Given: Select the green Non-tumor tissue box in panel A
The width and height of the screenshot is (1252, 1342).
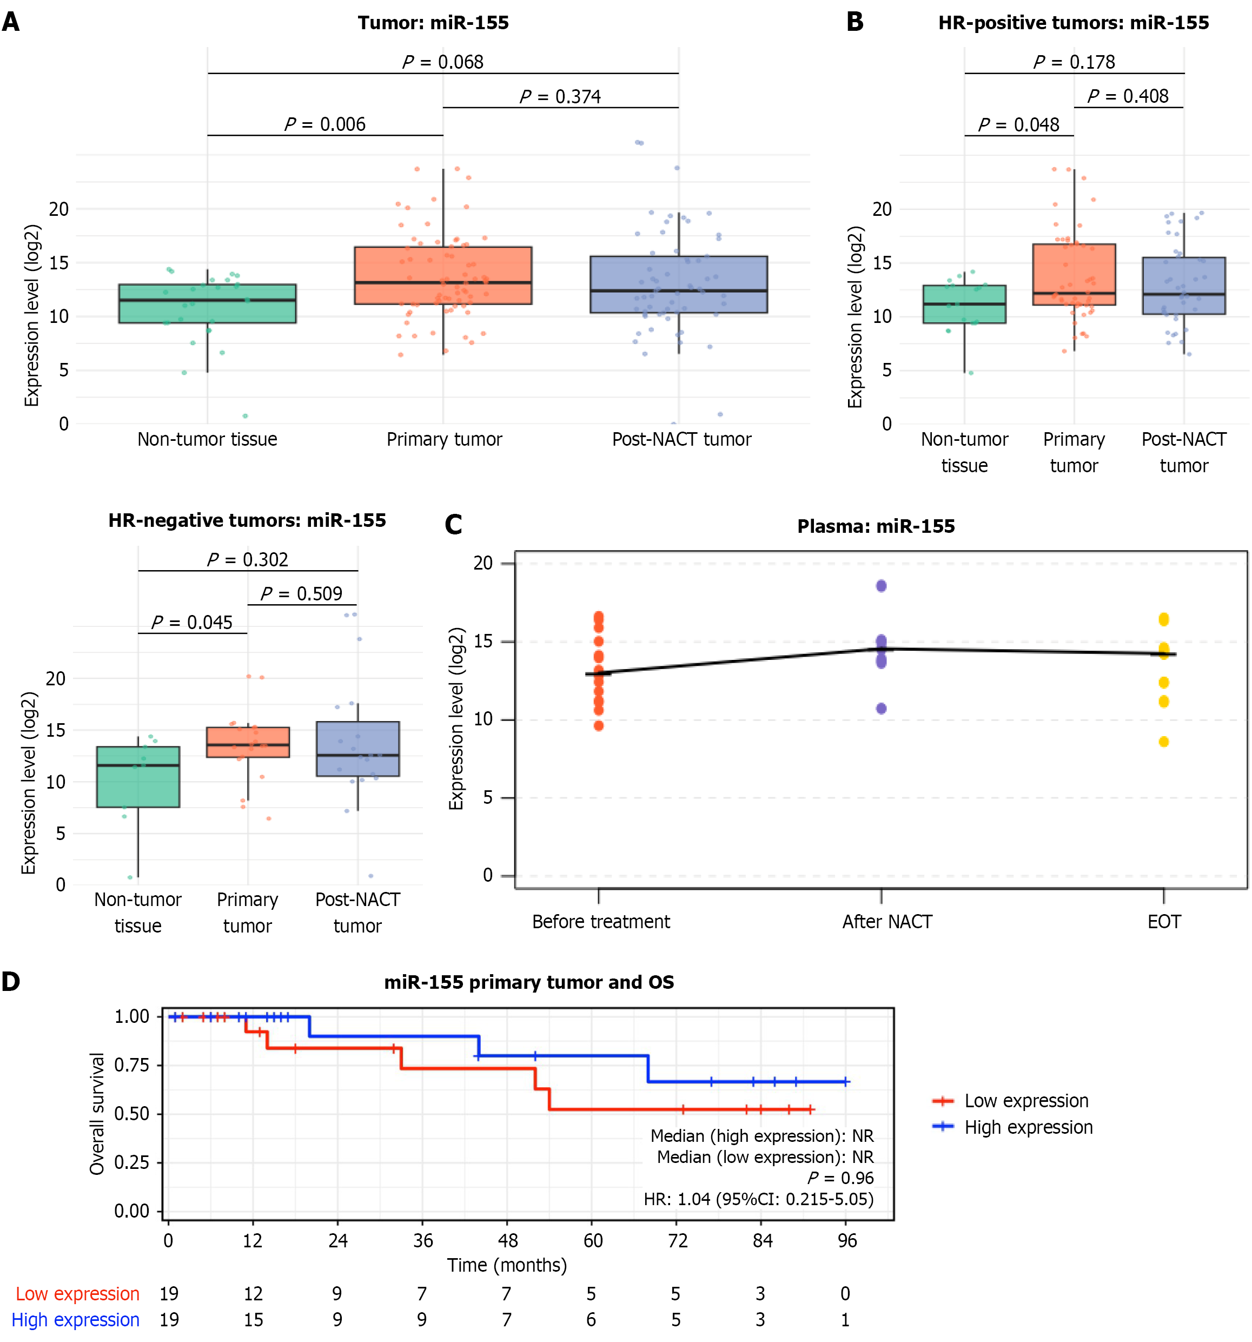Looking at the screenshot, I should (x=207, y=304).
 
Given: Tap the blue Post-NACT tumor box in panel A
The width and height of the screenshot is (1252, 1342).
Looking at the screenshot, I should (x=678, y=284).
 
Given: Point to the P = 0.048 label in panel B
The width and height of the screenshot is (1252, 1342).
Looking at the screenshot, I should (x=1018, y=125).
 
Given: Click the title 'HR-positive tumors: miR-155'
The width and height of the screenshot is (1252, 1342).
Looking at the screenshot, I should (x=1073, y=23).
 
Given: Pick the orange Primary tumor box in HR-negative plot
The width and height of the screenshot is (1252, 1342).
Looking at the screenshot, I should (x=248, y=742).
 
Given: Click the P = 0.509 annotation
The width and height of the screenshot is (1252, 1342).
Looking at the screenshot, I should (x=301, y=593).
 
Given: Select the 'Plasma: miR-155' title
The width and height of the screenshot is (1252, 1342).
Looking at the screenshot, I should (x=876, y=526).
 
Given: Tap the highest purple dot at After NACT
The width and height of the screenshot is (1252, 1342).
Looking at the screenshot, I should (x=882, y=586).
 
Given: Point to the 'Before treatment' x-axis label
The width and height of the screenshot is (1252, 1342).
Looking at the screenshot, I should (x=601, y=922).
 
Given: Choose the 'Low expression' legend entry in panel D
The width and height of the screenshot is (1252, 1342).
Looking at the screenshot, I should (x=1026, y=1100).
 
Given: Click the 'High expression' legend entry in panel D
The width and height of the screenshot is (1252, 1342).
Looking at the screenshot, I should (x=1028, y=1127).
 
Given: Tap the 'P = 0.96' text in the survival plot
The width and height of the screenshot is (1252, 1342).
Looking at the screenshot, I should (x=840, y=1178).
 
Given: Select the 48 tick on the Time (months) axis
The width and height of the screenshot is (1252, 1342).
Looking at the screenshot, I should (x=507, y=1240).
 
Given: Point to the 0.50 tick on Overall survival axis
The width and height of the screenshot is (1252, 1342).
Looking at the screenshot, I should (x=131, y=1113).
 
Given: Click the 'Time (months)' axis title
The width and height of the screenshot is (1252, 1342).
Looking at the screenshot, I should (x=507, y=1265).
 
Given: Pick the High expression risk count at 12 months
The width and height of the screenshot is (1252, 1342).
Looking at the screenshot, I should (x=253, y=1320).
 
